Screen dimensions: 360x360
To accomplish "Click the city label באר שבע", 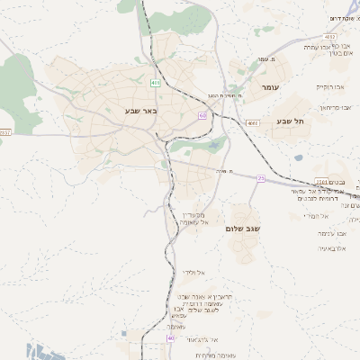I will coord(141,112).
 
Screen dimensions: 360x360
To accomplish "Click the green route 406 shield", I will coord(156,83).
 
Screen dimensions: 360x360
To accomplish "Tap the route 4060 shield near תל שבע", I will coord(252,123).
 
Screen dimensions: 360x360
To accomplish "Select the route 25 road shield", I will coord(261,178).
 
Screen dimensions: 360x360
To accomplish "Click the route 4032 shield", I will coord(332,47).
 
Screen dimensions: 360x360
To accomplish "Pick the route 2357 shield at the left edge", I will coord(5,133).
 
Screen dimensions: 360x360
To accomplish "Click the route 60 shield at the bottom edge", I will coord(170,339).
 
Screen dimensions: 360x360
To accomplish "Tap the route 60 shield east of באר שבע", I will coord(202,116).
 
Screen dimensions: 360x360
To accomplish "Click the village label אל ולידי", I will coord(194,272).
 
